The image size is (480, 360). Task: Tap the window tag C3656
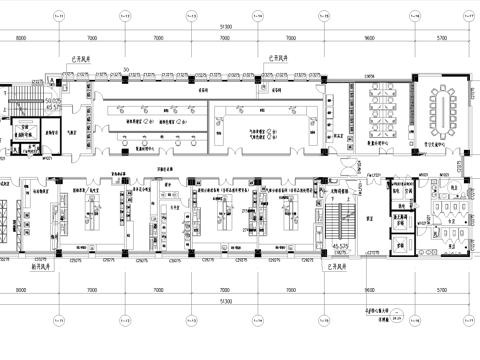342,76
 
